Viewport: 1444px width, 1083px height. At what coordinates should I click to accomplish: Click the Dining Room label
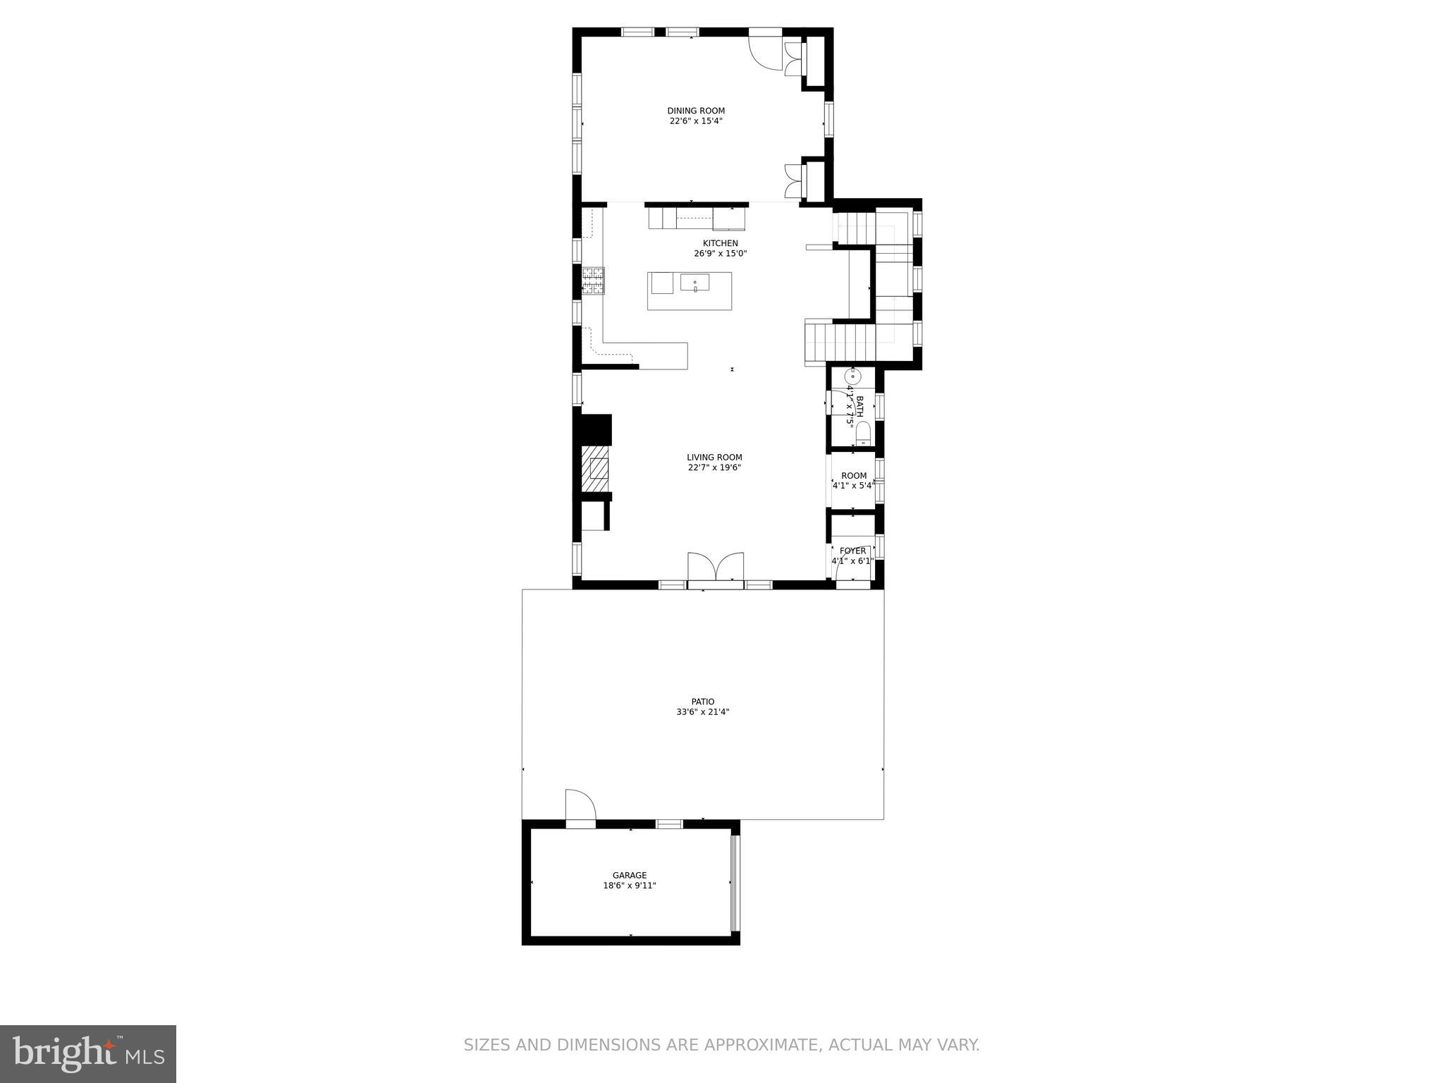coord(696,111)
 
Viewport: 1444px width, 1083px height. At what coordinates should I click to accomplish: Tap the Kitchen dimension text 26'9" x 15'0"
coord(720,254)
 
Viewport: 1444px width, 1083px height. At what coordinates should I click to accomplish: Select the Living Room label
coord(714,458)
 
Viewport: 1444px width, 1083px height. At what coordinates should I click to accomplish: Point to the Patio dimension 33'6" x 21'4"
coord(702,712)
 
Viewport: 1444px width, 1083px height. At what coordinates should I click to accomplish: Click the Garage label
coord(630,876)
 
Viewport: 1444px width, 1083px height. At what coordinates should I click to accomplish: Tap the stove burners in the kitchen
coord(593,280)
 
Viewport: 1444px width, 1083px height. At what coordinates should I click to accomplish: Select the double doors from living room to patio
coord(716,567)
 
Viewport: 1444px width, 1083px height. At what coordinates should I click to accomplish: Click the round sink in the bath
coord(852,376)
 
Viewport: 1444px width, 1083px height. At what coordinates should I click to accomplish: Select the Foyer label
coord(852,551)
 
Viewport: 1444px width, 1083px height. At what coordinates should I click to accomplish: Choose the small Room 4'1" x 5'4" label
coord(853,476)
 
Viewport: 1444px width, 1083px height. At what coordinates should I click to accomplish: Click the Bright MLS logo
coord(88,1053)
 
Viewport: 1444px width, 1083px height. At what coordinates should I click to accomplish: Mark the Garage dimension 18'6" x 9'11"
coord(630,886)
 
